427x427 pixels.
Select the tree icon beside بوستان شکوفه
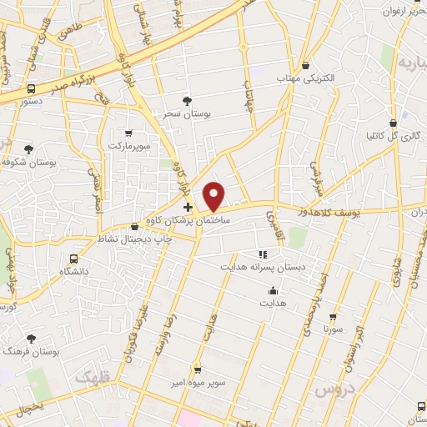[29, 149]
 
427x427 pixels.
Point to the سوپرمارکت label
[128, 146]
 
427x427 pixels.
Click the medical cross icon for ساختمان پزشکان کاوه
[188, 207]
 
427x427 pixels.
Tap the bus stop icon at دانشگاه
[73, 259]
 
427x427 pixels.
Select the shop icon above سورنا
[334, 318]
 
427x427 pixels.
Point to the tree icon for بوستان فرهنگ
[32, 339]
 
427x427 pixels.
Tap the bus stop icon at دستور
[32, 88]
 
